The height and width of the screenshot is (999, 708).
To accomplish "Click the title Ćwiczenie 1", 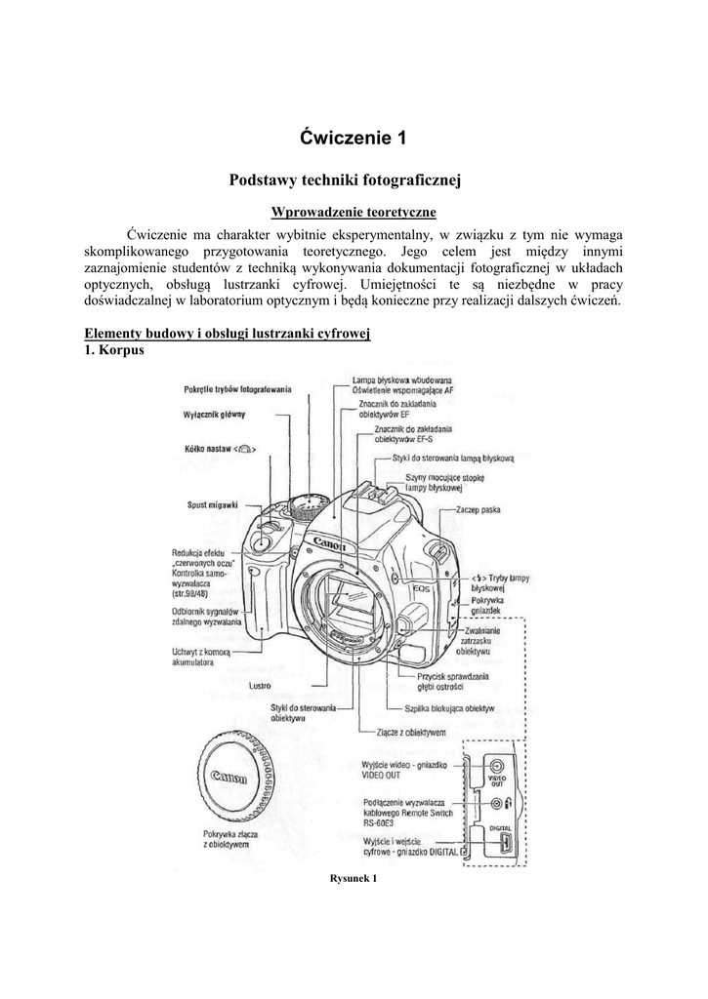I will (x=353, y=139).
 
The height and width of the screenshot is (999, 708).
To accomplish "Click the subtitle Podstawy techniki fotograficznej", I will (x=353, y=180).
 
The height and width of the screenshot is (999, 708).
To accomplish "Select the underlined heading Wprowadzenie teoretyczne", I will (x=353, y=212).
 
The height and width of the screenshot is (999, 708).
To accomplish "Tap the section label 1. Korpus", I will (x=115, y=350).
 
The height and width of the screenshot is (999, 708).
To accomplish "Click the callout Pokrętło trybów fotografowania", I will (x=238, y=389).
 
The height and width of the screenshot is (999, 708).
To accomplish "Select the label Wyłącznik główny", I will (x=214, y=414).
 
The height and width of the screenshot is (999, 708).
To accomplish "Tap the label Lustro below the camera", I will (x=260, y=685).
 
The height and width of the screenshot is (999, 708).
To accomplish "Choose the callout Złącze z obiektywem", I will (x=409, y=731).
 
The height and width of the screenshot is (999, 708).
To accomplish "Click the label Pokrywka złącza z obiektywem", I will (x=226, y=840).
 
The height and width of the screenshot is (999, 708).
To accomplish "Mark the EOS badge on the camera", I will (x=422, y=588).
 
